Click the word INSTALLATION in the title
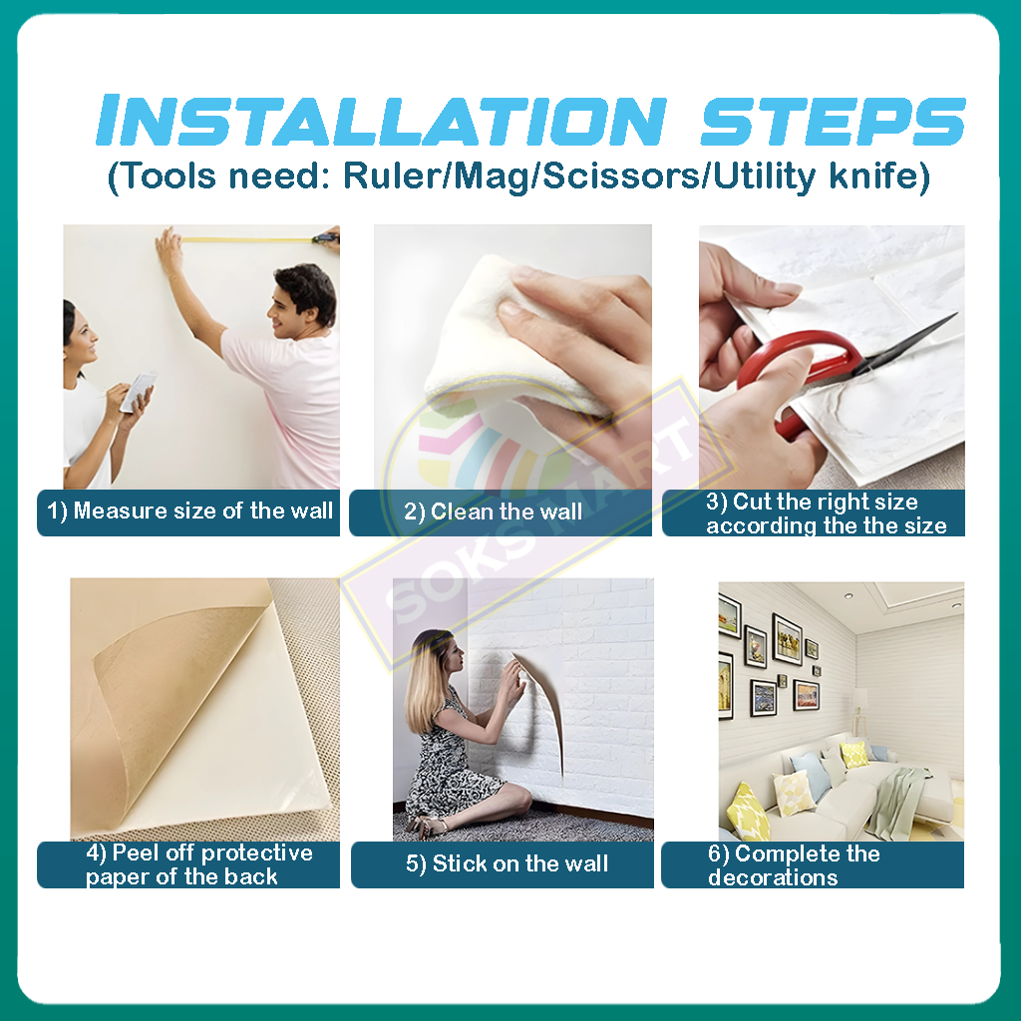pos(382,121)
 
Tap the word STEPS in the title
pos(833,121)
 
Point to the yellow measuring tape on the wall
pos(247,239)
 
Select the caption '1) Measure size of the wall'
pos(189,511)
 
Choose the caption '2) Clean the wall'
pos(493,511)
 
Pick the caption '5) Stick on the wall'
pos(507,863)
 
